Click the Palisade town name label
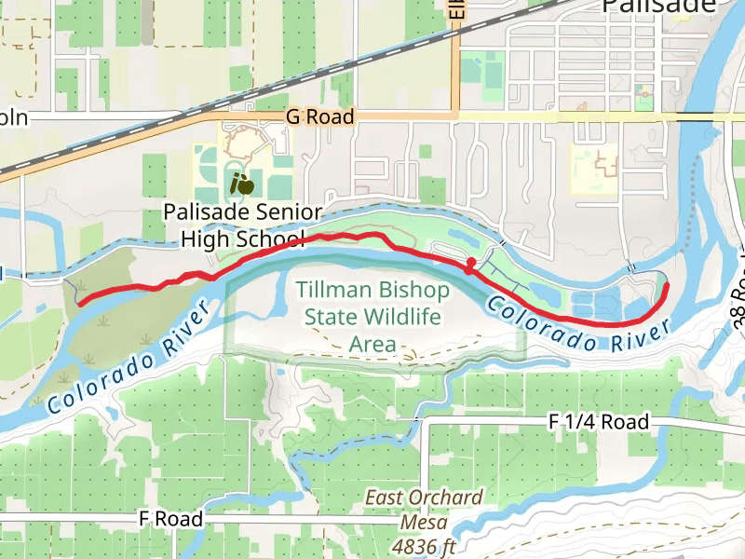click(659, 7)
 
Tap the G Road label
click(320, 116)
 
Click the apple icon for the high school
click(242, 184)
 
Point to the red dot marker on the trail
click(471, 262)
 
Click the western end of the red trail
click(80, 303)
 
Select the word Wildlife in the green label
click(402, 318)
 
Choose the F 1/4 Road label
click(598, 422)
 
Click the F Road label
click(169, 519)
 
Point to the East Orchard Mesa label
click(424, 510)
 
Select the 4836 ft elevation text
click(423, 545)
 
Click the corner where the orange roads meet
click(456, 116)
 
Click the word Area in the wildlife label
click(372, 344)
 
